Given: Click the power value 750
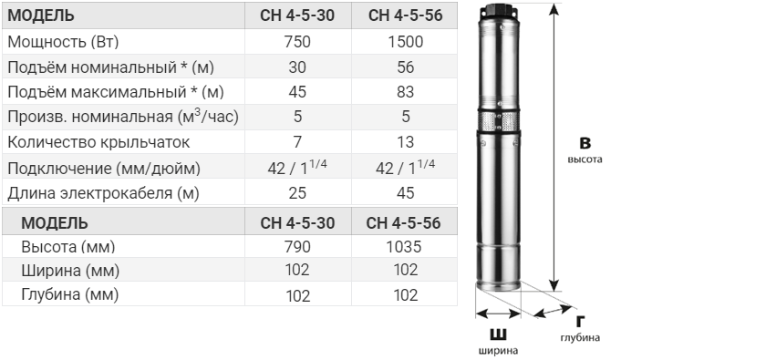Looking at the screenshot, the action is tap(297, 42).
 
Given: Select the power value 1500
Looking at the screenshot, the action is tap(405, 42).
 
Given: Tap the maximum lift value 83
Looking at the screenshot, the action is tap(406, 92).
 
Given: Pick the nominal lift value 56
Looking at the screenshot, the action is tap(406, 67).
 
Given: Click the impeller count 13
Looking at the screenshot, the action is tap(406, 142).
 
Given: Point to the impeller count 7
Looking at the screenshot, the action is tap(297, 142).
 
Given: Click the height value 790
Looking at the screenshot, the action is tap(297, 247).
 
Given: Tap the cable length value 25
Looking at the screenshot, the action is tap(297, 193).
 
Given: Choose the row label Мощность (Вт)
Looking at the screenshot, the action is tap(63, 42).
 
